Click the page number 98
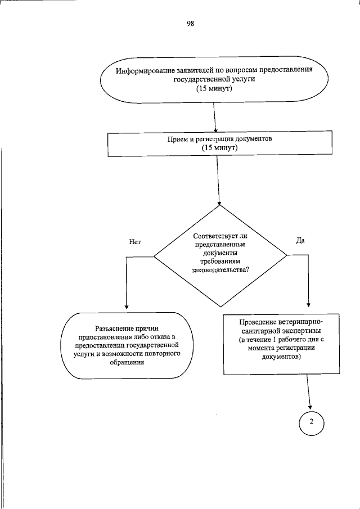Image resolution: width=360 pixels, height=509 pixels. [190, 24]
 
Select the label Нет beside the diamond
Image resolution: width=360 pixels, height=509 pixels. [134, 242]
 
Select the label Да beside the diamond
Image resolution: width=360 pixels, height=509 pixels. [300, 240]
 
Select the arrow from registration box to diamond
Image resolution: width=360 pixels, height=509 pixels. [218, 180]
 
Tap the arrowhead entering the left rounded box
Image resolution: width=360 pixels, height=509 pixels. [126, 308]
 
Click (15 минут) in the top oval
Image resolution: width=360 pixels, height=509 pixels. [214, 89]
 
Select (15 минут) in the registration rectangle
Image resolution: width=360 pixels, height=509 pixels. [220, 147]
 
